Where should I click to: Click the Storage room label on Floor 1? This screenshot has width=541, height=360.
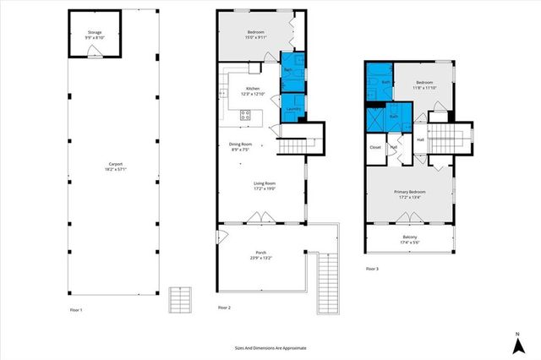pyautogui.click(x=94, y=35)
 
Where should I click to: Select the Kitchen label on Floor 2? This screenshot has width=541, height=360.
pyautogui.click(x=253, y=91)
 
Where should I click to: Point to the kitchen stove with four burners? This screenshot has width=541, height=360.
pyautogui.click(x=245, y=117)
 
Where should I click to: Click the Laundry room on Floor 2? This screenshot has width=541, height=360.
pyautogui.click(x=292, y=109)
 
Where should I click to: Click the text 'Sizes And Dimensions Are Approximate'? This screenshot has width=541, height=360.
pyautogui.click(x=270, y=347)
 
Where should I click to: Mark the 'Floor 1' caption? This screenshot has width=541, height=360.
pyautogui.click(x=76, y=310)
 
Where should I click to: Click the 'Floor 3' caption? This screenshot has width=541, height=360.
pyautogui.click(x=372, y=269)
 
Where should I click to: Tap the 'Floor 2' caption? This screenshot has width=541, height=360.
pyautogui.click(x=223, y=307)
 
